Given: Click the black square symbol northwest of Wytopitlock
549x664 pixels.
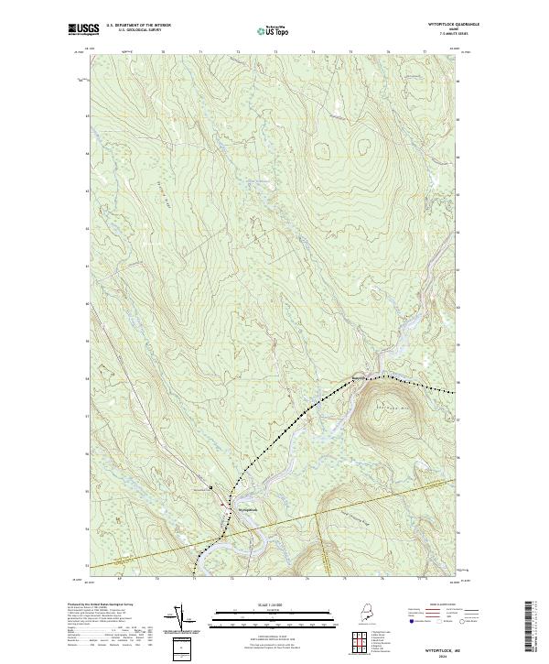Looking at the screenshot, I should (211, 487).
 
